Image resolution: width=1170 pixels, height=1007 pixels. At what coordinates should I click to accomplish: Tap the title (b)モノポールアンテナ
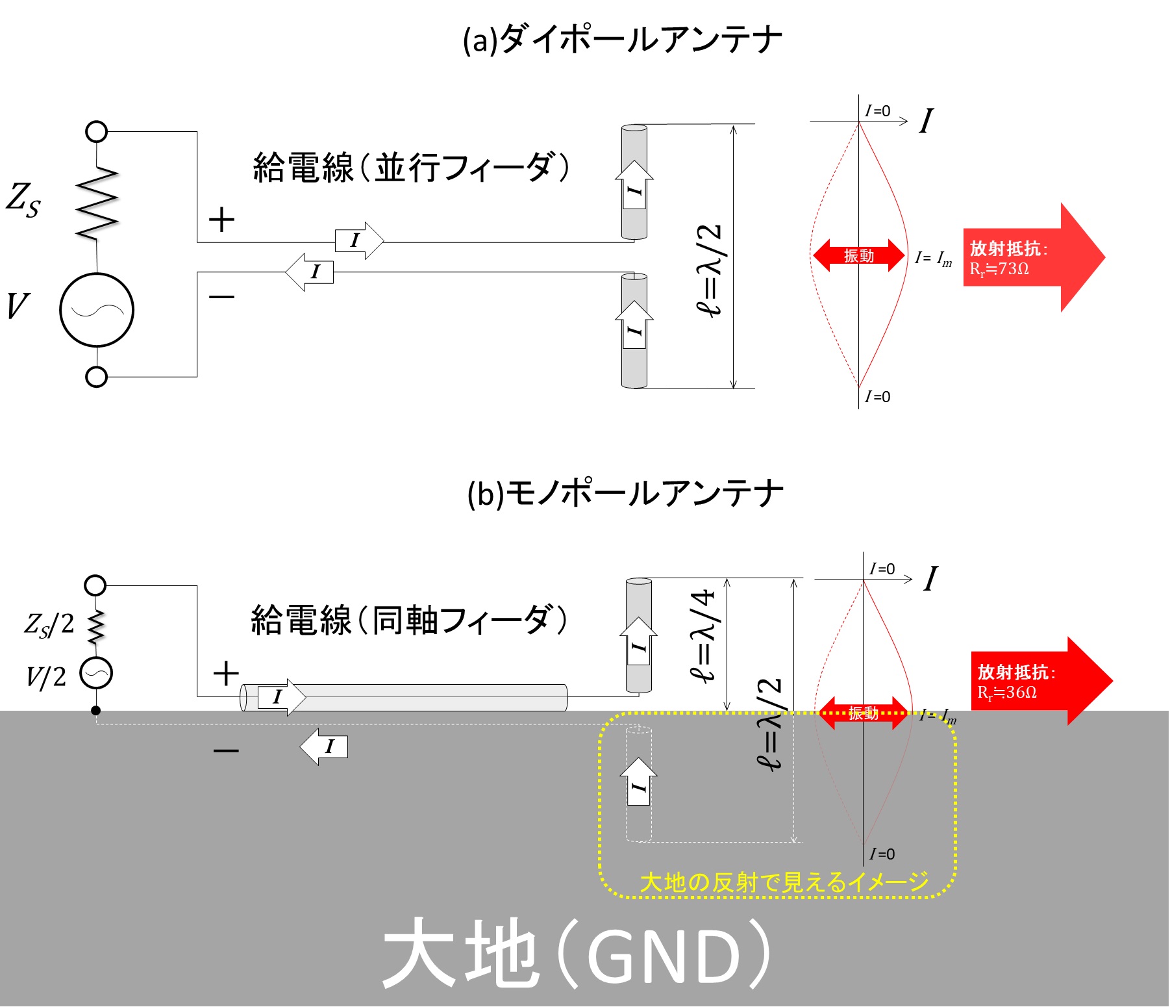pyautogui.click(x=625, y=494)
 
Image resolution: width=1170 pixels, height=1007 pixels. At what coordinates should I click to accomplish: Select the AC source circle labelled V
pyautogui.click(x=97, y=310)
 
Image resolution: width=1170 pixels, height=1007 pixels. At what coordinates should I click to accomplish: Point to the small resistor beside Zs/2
pyautogui.click(x=96, y=626)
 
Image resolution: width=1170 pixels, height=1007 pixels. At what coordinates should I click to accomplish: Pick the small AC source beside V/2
pyautogui.click(x=96, y=673)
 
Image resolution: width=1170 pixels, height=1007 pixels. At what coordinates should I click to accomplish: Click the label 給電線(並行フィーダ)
pyautogui.click(x=411, y=168)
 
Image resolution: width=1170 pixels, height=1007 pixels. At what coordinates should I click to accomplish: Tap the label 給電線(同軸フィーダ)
pyautogui.click(x=410, y=620)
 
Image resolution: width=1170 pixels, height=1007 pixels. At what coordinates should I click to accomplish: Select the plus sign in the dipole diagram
pyautogui.click(x=221, y=220)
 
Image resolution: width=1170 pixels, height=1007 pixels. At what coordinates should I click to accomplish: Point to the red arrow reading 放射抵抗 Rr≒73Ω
pyautogui.click(x=1034, y=257)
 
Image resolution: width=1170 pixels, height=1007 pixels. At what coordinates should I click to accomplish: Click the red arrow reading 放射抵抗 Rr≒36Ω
pyautogui.click(x=1041, y=681)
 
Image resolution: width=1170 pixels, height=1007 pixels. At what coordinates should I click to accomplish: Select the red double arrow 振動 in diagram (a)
pyautogui.click(x=858, y=255)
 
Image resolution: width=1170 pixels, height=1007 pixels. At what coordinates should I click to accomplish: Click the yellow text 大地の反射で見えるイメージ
pyautogui.click(x=784, y=882)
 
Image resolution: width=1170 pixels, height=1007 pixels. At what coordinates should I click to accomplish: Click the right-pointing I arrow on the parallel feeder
pyautogui.click(x=359, y=240)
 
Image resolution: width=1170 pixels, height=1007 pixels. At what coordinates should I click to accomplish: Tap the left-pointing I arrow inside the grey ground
pyautogui.click(x=323, y=746)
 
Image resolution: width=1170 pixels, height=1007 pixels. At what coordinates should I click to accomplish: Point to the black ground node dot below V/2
pyautogui.click(x=96, y=710)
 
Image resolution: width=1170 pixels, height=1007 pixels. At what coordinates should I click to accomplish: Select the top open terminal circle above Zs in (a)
pyautogui.click(x=96, y=131)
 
